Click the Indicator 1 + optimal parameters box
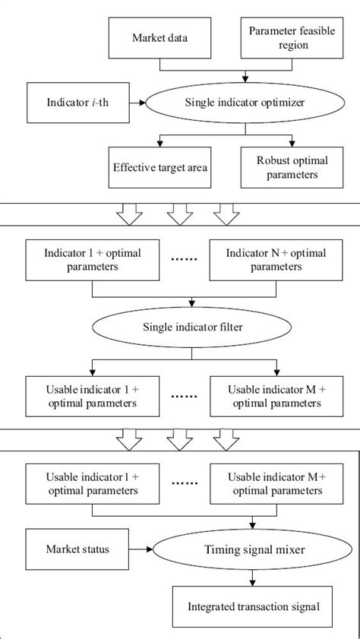click(x=93, y=260)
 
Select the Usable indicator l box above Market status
click(x=93, y=483)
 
